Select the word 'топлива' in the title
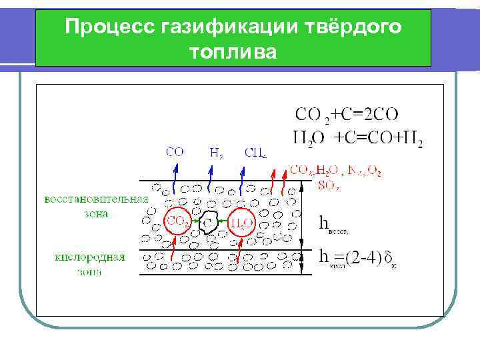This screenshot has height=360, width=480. [x=232, y=51]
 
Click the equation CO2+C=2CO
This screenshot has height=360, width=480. [x=347, y=115]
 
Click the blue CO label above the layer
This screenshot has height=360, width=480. [x=175, y=152]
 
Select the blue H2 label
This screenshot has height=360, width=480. [x=216, y=153]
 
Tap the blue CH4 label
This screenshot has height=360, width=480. [x=255, y=153]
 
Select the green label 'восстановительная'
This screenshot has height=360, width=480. [x=97, y=199]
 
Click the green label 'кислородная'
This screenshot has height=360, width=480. [x=89, y=257]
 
